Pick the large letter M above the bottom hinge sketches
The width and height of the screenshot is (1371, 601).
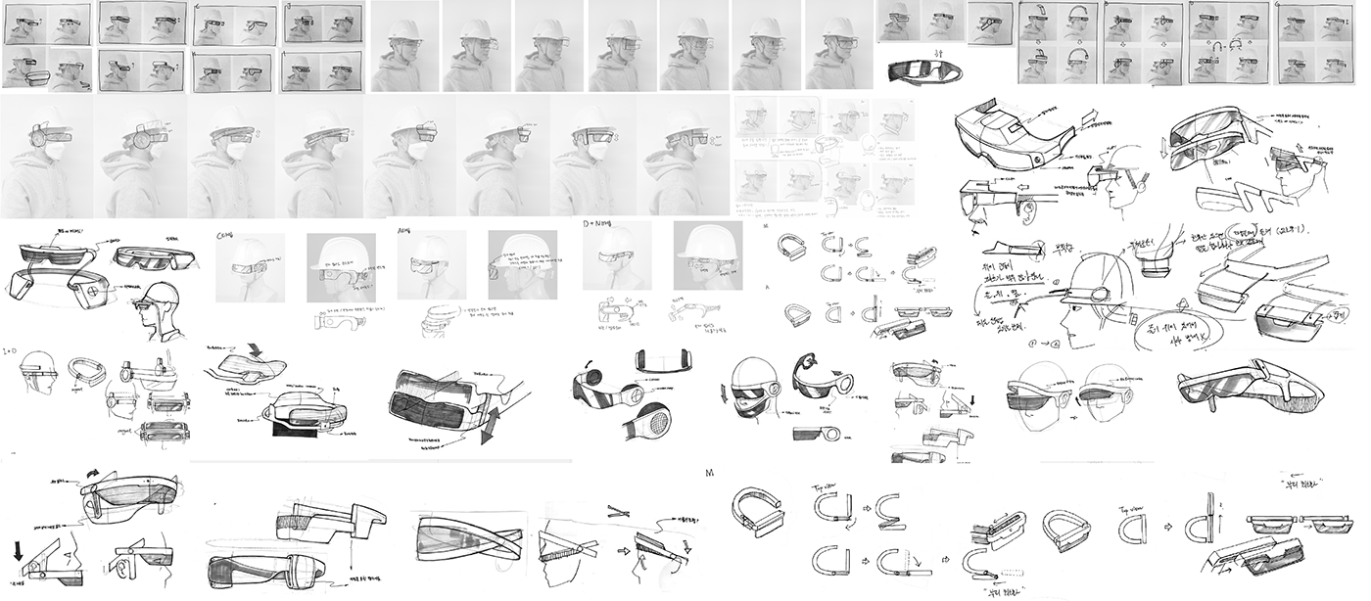(709, 474)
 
